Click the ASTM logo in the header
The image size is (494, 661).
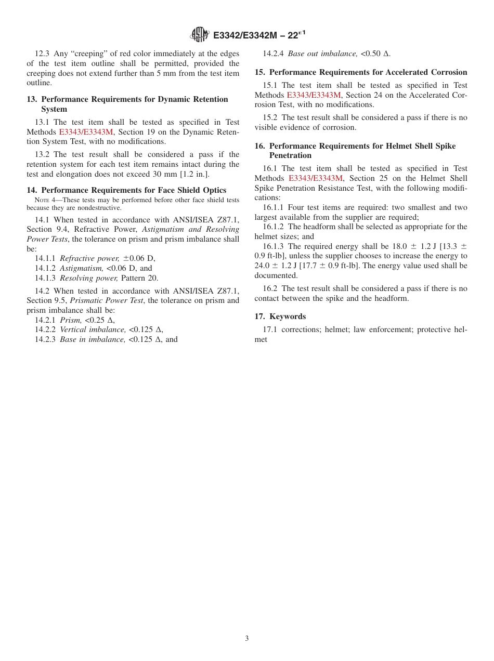[200, 35]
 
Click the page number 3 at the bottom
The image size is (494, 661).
[247, 638]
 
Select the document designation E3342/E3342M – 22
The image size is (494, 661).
[259, 35]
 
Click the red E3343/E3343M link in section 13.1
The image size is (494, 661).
[86, 132]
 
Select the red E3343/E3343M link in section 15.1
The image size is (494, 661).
[314, 95]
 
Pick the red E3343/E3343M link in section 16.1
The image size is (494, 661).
[316, 178]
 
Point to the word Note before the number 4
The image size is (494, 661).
[41, 201]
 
